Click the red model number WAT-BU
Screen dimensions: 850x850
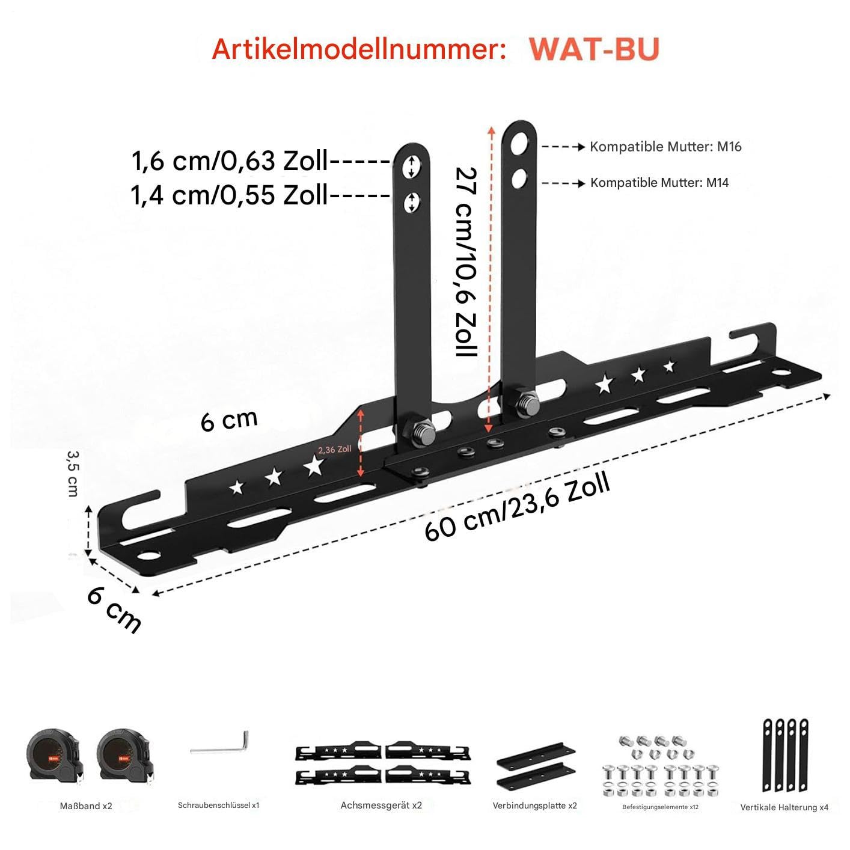click(x=594, y=49)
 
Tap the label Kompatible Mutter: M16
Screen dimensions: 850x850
click(x=665, y=147)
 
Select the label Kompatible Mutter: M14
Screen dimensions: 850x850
click(x=659, y=183)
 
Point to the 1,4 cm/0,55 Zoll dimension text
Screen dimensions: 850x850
click(x=230, y=195)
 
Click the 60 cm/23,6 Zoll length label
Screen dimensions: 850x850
click(x=517, y=507)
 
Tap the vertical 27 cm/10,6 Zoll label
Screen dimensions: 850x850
click(x=466, y=261)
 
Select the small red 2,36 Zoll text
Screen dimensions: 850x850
click(x=335, y=450)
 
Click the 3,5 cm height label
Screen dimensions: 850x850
click(x=73, y=473)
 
